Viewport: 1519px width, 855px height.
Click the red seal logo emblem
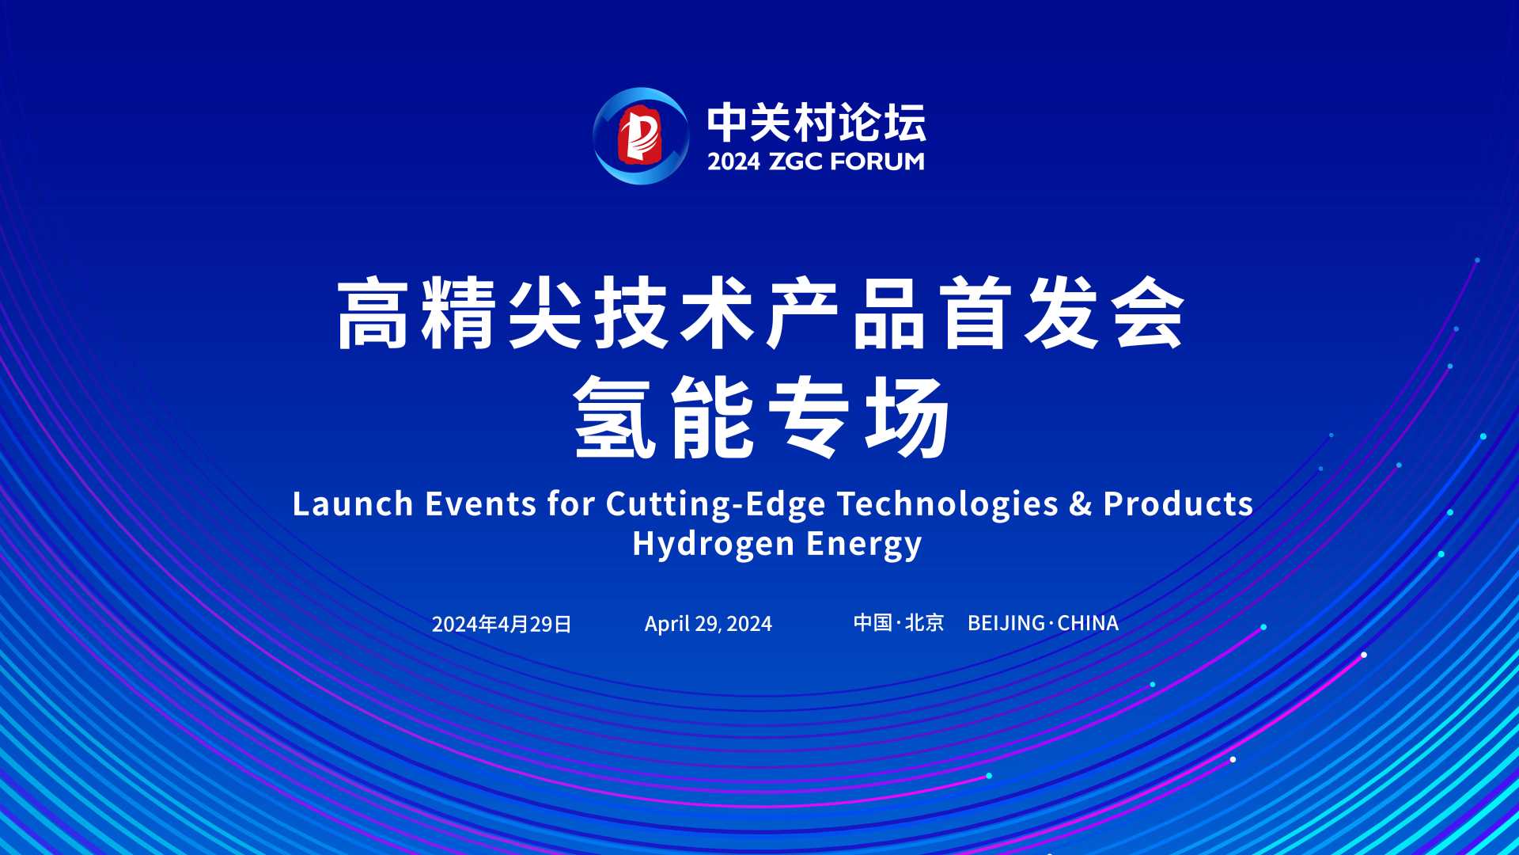point(641,136)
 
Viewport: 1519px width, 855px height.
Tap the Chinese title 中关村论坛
point(816,123)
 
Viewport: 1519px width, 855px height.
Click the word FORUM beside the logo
point(877,161)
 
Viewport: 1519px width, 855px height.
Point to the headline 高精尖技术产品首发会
point(760,314)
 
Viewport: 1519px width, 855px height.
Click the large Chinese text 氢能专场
point(762,417)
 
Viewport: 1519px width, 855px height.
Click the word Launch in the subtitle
point(353,504)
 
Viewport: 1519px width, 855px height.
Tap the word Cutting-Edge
point(716,505)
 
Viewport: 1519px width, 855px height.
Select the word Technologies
point(948,505)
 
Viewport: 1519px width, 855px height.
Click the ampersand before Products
point(1081,504)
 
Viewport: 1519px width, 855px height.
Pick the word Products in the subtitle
point(1178,504)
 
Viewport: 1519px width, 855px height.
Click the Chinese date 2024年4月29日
point(502,625)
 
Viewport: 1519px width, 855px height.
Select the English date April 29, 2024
point(708,625)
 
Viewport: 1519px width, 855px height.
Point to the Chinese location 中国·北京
point(899,623)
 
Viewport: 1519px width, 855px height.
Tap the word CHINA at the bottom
point(1088,624)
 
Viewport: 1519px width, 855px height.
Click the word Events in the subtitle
point(481,504)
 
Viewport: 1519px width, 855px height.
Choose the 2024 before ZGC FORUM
point(733,161)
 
